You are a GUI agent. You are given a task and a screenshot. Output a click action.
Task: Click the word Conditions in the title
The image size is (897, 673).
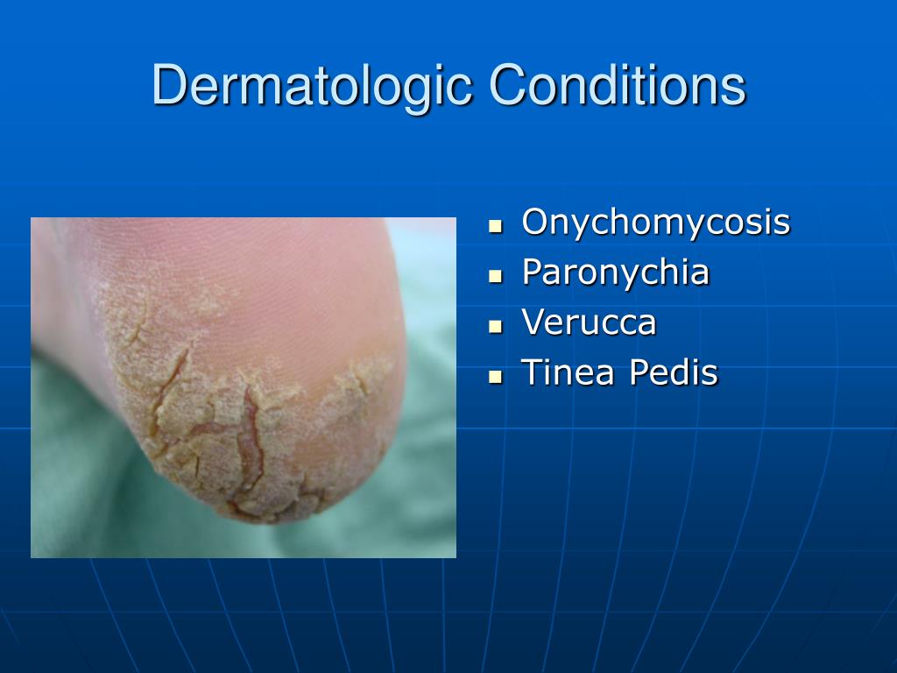(617, 86)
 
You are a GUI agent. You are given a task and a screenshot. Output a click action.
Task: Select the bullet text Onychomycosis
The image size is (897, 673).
(655, 223)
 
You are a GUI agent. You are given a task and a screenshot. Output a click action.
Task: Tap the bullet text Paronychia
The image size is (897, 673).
(615, 273)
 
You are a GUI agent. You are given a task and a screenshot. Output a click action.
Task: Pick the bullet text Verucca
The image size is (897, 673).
(589, 322)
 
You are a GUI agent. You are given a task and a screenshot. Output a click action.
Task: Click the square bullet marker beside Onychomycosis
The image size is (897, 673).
(497, 225)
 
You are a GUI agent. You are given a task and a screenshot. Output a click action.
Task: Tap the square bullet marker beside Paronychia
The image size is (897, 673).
(497, 275)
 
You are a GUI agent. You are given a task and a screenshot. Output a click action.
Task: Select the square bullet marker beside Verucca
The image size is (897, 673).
(497, 326)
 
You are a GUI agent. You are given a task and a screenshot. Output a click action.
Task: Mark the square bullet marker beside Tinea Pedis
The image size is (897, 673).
(497, 376)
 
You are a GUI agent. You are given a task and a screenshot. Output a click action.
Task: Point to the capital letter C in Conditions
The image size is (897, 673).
(506, 86)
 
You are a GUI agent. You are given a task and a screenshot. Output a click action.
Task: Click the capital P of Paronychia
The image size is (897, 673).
(531, 273)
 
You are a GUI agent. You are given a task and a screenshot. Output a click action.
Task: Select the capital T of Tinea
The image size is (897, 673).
(531, 372)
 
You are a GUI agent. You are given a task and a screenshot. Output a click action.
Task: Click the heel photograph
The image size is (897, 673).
(244, 387)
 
